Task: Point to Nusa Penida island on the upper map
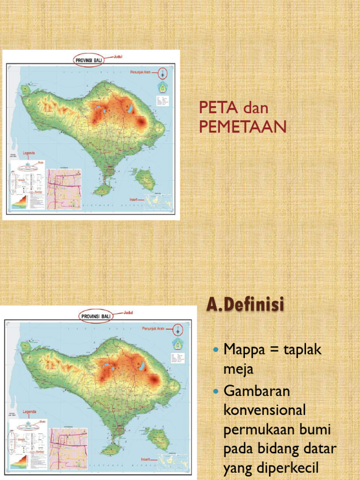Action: (x=144, y=179)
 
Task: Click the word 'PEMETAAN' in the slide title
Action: (x=242, y=127)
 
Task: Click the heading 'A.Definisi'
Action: (x=245, y=306)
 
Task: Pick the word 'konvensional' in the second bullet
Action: (x=264, y=410)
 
